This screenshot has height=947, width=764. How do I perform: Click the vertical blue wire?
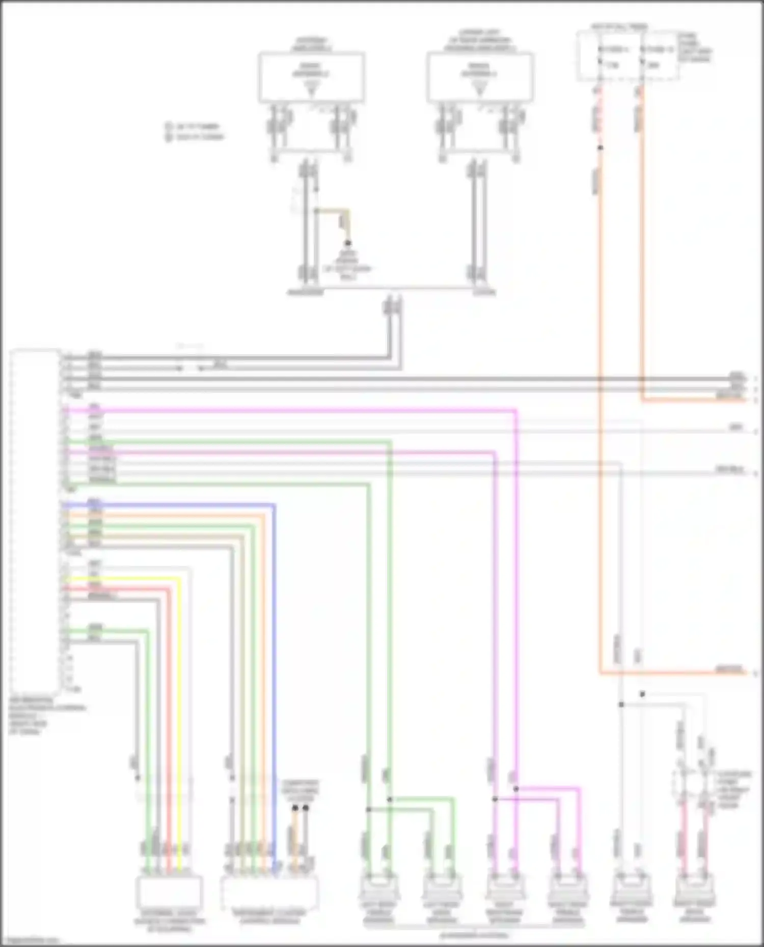[275, 662]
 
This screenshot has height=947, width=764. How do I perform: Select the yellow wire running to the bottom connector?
[179, 712]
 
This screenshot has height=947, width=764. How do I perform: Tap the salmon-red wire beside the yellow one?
[169, 712]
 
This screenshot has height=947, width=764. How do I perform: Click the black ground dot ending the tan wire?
[348, 243]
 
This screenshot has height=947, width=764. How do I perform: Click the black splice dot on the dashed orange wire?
[600, 148]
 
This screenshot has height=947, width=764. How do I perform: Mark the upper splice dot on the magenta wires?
[515, 789]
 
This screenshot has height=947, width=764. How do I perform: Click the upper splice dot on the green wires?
[390, 799]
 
